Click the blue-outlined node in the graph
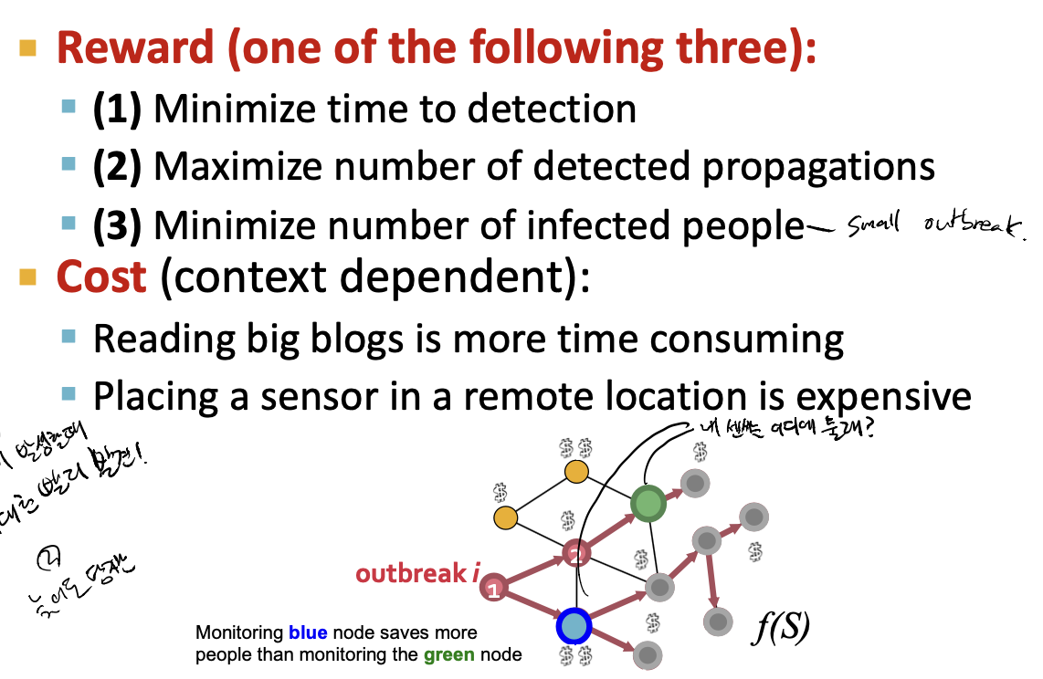(574, 626)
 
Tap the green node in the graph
(648, 503)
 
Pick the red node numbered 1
(493, 590)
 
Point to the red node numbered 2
(574, 552)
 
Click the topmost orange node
(576, 472)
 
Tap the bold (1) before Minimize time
(116, 110)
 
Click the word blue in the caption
(308, 632)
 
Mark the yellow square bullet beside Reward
(28, 47)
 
